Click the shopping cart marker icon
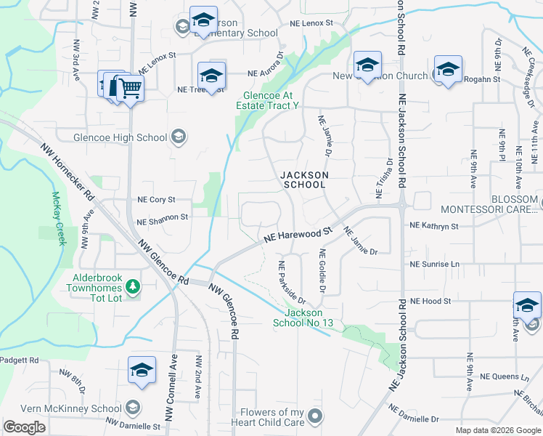131,89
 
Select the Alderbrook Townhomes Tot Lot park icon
132,287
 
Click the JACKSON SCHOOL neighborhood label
304,179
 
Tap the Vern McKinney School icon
132,408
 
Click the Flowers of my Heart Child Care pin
314,416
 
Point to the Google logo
25,427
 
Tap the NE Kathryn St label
433,227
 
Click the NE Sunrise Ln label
435,265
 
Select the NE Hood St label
430,301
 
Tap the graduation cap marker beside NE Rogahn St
448,70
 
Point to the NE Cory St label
156,199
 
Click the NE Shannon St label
162,217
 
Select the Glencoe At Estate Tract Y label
267,100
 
